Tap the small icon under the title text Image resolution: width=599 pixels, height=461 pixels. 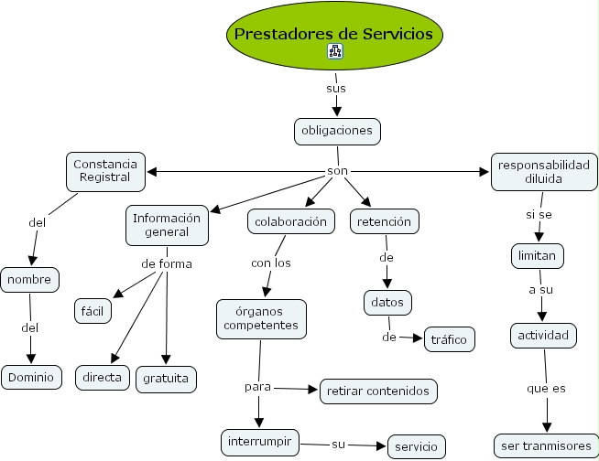(334, 52)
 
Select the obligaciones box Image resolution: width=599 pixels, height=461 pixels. (337, 131)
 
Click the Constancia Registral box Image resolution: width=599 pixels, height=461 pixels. (106, 170)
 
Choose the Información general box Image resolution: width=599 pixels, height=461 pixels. (167, 225)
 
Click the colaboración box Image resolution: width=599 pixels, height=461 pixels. (290, 221)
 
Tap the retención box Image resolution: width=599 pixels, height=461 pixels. (385, 221)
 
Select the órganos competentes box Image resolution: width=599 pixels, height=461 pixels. (263, 316)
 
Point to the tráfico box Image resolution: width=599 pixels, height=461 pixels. (449, 339)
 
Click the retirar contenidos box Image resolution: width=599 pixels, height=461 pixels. (377, 391)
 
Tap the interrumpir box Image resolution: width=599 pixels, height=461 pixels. (261, 442)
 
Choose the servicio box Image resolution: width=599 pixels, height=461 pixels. (417, 447)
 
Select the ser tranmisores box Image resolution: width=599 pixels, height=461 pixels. (543, 446)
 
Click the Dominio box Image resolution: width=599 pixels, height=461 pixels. (31, 376)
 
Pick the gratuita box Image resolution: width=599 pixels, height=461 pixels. (167, 377)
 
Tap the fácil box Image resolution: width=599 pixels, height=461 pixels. (93, 311)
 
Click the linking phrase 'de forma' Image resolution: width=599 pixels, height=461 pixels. (166, 264)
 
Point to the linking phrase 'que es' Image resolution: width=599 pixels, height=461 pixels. (546, 388)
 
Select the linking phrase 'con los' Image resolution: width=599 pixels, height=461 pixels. (270, 263)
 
